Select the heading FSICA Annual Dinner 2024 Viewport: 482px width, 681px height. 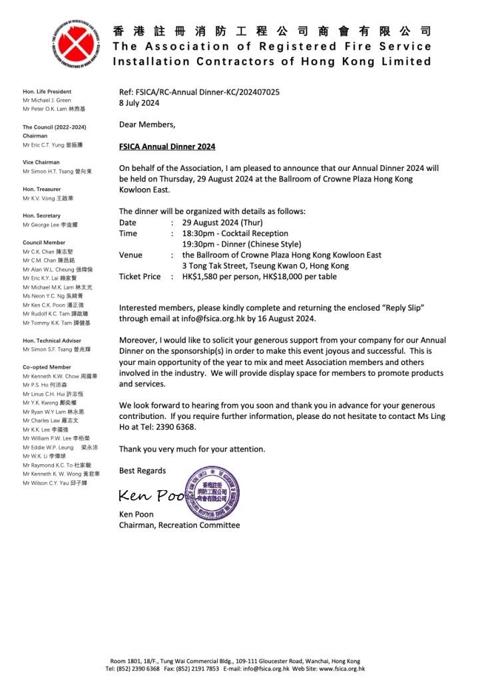[x=167, y=146]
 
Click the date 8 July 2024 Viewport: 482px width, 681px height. [x=139, y=103]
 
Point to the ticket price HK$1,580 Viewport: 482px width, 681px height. [x=202, y=277]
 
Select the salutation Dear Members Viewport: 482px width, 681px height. [x=147, y=124]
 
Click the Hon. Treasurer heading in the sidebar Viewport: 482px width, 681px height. [x=41, y=189]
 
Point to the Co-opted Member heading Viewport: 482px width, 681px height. [x=47, y=367]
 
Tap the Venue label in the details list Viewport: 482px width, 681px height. [x=130, y=255]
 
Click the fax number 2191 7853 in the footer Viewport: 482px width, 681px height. [x=199, y=669]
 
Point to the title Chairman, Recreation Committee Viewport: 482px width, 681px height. [x=179, y=525]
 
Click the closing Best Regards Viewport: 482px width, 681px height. [x=142, y=471]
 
